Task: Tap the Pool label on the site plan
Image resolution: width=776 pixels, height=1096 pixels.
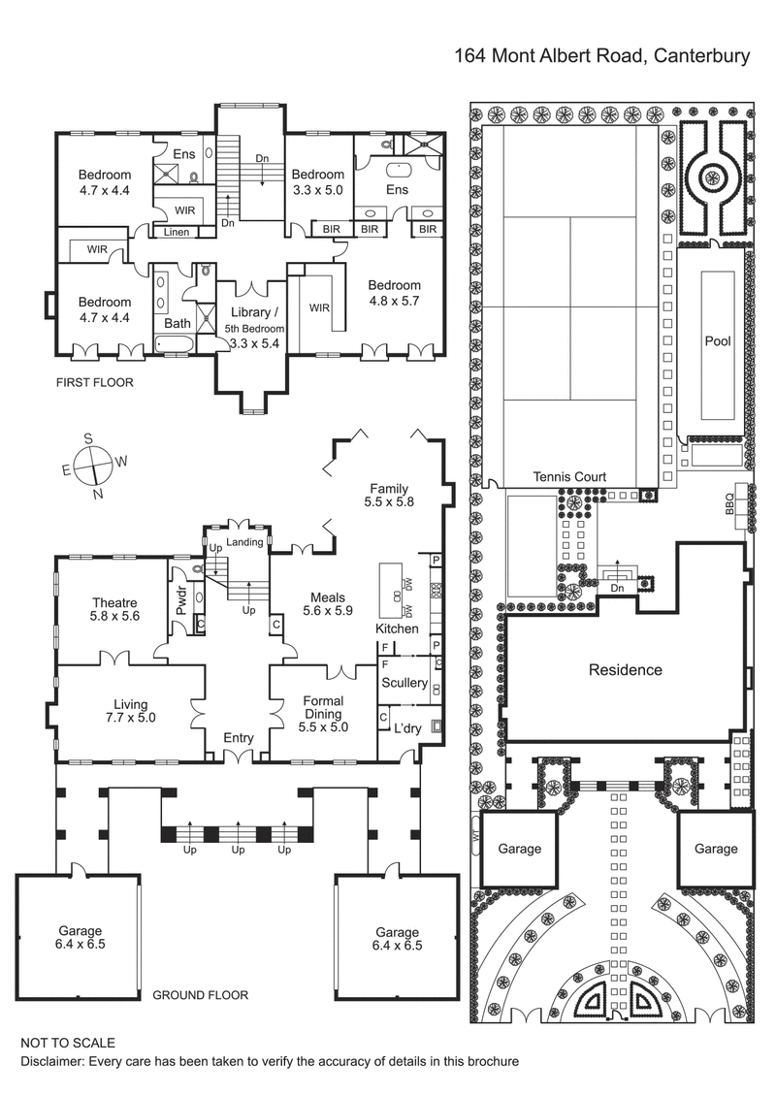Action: point(718,341)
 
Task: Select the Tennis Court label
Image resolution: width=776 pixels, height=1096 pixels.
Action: point(569,476)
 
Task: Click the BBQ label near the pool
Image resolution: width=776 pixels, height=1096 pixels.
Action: point(729,503)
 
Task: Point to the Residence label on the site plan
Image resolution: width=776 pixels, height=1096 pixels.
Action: point(626,669)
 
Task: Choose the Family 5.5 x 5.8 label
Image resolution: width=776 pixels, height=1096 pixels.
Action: point(388,496)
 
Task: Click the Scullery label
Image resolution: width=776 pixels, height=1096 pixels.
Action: point(404,683)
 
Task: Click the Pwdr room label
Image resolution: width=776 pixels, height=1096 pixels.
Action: point(180,601)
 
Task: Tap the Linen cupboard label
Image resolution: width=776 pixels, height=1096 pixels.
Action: point(177,233)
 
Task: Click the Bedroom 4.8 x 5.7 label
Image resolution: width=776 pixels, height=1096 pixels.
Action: point(394,293)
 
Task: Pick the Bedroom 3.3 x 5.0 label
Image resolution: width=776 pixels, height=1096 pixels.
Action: point(318,182)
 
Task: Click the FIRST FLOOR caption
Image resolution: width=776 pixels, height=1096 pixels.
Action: point(94,383)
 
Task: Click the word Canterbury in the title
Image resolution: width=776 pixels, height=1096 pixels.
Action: point(700,56)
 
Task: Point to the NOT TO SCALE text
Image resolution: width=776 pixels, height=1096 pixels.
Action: point(68,1043)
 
